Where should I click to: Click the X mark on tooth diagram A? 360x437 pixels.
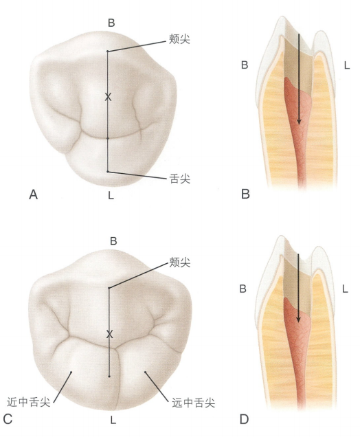click(108, 97)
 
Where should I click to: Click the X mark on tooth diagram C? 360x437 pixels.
click(109, 334)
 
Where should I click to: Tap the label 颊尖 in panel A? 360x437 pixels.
click(179, 39)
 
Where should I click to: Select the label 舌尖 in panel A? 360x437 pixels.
click(180, 179)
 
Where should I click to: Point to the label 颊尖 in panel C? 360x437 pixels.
click(180, 262)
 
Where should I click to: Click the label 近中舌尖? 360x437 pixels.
click(28, 402)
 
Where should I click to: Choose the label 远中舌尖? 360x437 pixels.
click(193, 403)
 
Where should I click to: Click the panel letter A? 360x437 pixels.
click(33, 194)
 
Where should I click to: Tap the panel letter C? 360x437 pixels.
click(8, 419)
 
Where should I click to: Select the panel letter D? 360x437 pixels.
click(244, 419)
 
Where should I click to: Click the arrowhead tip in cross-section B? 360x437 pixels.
click(299, 124)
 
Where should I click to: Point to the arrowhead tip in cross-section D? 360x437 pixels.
click(298, 322)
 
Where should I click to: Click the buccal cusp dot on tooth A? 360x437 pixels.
click(108, 52)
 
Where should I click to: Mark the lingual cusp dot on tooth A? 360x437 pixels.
click(108, 171)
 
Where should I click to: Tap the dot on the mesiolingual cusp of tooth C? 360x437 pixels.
click(71, 372)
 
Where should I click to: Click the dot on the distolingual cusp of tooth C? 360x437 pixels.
click(145, 372)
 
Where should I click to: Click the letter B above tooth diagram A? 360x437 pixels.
click(111, 23)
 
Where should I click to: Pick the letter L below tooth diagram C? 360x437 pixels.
click(113, 420)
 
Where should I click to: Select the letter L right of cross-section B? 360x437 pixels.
click(347, 65)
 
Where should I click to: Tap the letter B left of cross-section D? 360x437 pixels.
click(243, 289)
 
